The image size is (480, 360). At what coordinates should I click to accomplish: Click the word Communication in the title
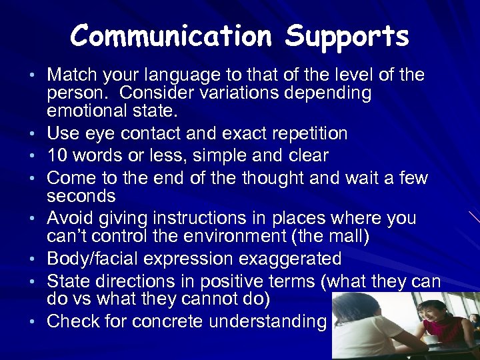click(173, 36)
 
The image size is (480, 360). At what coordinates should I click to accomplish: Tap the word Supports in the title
click(347, 37)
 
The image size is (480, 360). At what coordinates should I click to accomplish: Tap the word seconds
click(81, 196)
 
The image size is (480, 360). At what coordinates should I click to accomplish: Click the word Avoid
click(73, 218)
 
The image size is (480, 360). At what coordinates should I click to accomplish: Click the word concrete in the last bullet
click(167, 321)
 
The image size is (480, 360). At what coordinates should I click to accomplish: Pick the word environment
click(267, 236)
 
